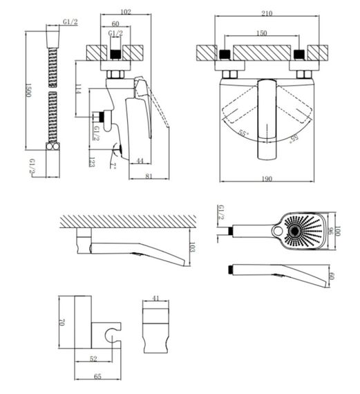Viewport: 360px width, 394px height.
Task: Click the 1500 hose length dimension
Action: [28, 90]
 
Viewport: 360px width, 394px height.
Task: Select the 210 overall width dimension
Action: [267, 13]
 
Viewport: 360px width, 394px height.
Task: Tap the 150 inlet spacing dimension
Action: [261, 33]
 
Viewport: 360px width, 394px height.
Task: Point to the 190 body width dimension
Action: [267, 178]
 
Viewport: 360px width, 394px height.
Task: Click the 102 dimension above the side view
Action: [126, 12]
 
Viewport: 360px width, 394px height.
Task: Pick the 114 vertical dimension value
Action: [78, 89]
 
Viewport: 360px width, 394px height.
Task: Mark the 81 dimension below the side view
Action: [149, 176]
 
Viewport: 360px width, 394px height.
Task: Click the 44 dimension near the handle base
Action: [140, 160]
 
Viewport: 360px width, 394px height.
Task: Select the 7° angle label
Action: [113, 166]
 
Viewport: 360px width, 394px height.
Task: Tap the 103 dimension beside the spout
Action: [192, 247]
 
